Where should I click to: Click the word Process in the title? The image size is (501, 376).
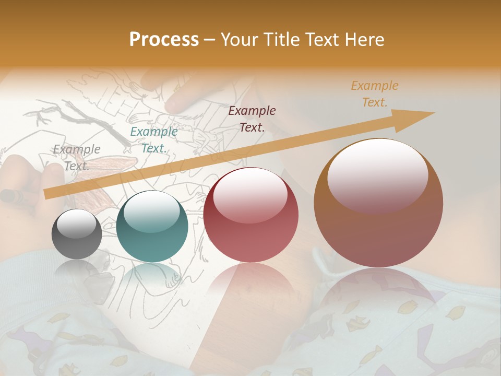tap(164, 40)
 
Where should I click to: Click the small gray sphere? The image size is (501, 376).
tap(77, 234)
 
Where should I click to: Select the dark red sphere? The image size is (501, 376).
tap(251, 215)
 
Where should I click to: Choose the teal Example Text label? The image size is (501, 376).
tap(154, 140)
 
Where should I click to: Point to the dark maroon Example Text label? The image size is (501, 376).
tap(252, 119)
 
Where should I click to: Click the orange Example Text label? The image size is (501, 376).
tap(375, 94)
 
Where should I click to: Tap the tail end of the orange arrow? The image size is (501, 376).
tap(47, 194)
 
